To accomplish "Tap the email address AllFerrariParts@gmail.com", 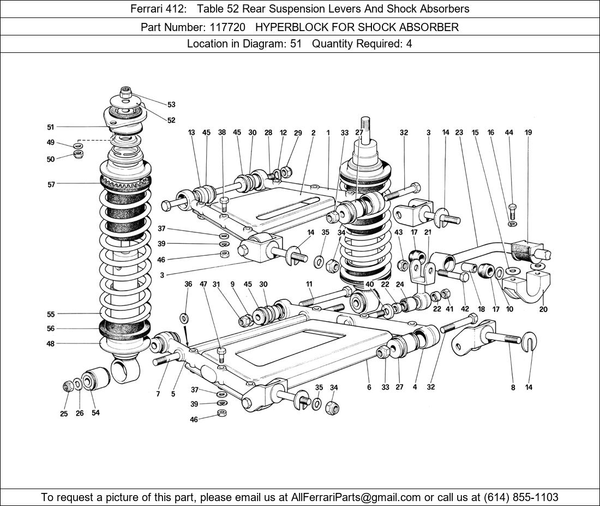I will pos(356,497).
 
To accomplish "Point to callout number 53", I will pos(171,105).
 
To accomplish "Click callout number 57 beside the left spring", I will pos(51,184).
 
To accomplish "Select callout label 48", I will pos(51,344).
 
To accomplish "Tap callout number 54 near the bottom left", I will pos(95,413).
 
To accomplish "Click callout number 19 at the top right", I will pos(528,132).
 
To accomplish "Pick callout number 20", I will pos(543,309).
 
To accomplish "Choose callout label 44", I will pos(509,132).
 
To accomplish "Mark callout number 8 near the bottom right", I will pos(513,388).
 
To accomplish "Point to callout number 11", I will pos(309,284).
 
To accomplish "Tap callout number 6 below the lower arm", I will pos(369,387).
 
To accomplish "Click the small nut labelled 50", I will pos(78,155).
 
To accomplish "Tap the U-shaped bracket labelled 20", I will pos(528,287).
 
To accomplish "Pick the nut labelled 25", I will pos(67,387).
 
